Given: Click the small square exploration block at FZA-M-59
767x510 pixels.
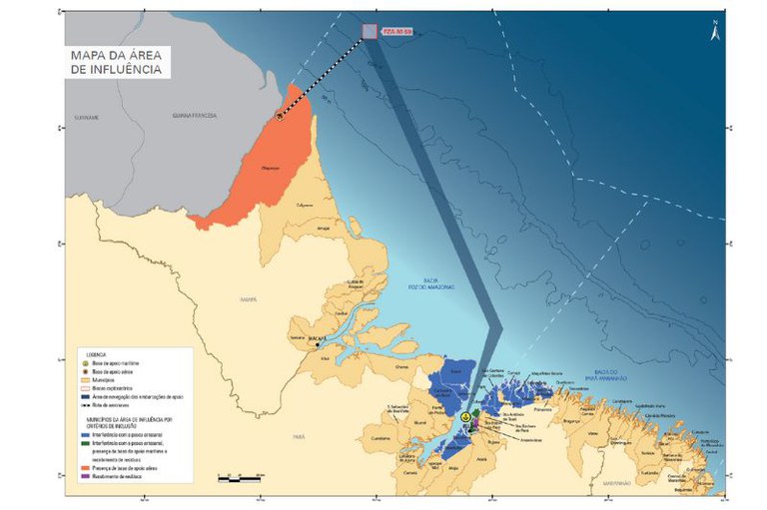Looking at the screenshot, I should point(370,32).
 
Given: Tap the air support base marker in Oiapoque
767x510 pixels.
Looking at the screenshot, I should point(280,114).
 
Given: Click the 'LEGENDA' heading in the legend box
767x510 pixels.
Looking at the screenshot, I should point(96,353).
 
